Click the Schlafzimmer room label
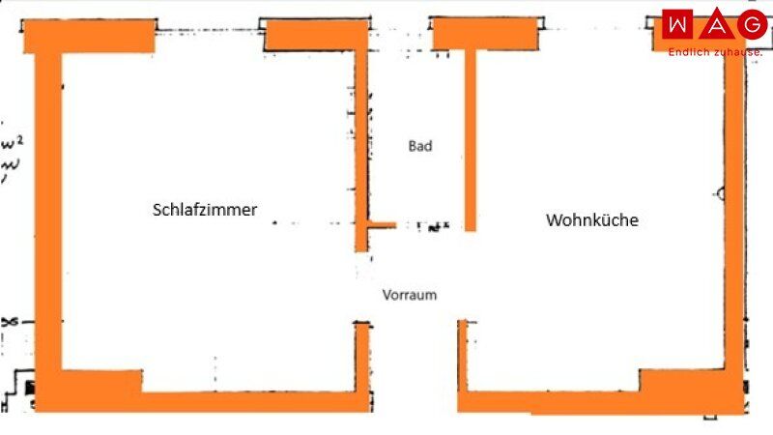[x=205, y=210]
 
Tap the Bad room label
[x=420, y=147]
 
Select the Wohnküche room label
[x=592, y=220]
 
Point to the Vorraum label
[x=409, y=295]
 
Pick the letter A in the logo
[x=714, y=25]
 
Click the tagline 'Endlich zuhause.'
[x=715, y=51]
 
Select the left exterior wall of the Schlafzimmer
[x=48, y=213]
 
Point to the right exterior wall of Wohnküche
[x=734, y=213]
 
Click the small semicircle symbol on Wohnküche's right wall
[x=721, y=193]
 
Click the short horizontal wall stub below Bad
[x=382, y=225]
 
